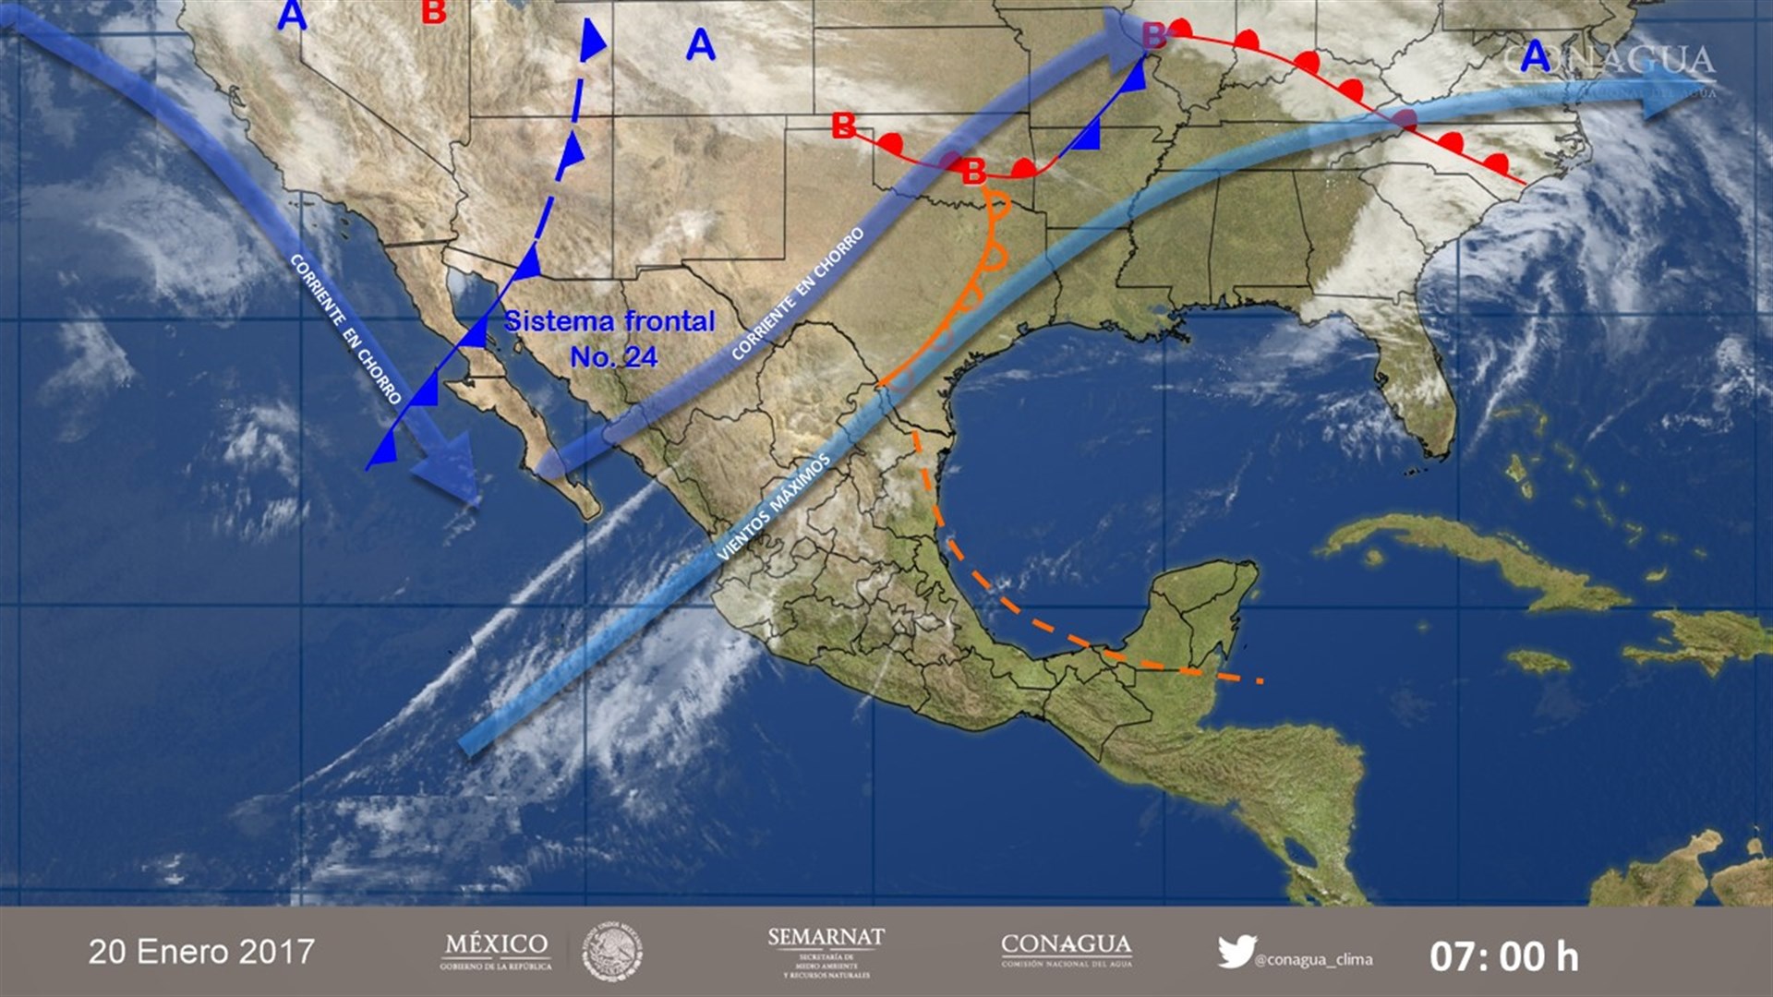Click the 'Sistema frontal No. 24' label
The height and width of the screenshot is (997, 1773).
point(610,339)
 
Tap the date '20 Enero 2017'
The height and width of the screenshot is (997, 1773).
point(201,952)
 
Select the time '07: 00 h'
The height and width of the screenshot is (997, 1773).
point(1503,956)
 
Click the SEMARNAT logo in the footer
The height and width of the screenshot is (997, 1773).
point(826,952)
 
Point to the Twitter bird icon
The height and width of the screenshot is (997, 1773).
point(1236,951)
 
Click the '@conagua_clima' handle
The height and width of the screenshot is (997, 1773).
point(1313,960)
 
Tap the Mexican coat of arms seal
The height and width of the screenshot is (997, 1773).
point(612,952)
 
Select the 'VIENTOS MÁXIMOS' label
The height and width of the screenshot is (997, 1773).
point(774,507)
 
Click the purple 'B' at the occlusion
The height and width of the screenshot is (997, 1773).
point(1153,36)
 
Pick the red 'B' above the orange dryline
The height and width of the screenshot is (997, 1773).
point(973,171)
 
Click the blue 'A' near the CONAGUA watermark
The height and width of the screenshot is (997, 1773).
point(1535,56)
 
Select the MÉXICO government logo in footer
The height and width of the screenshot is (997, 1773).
point(496,952)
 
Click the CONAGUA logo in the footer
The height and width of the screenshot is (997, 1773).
point(1067,950)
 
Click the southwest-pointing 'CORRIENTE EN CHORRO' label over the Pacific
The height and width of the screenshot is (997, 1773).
point(345,329)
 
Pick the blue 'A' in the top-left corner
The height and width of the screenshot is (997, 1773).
point(292,15)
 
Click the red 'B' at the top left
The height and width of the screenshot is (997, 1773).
point(433,11)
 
